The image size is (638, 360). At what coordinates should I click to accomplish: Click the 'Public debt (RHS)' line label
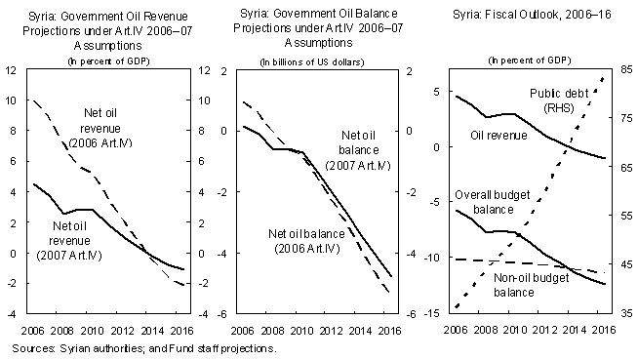tap(559, 100)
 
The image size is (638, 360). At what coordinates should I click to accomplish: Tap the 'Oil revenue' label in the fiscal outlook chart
tap(498, 135)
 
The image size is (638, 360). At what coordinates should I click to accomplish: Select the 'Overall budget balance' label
tap(493, 202)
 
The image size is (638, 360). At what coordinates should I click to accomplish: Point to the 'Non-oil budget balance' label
tap(531, 285)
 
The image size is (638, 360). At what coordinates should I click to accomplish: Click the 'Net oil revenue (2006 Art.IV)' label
tap(100, 128)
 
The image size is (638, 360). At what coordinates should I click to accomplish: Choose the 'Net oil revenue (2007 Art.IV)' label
tap(69, 240)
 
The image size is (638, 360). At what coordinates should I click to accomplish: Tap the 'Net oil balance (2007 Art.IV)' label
tap(358, 150)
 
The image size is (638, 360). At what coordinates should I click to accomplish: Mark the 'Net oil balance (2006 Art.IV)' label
tap(306, 241)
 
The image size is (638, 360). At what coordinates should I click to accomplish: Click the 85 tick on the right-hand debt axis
tap(626, 69)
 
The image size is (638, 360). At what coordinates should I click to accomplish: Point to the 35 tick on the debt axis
tap(626, 313)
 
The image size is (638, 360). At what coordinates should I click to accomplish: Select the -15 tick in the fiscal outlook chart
tap(432, 313)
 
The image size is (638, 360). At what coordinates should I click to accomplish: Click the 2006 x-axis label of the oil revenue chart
tap(32, 331)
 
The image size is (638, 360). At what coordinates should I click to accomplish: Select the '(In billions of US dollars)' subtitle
tap(312, 62)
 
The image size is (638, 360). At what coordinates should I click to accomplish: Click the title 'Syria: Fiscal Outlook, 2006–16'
tap(532, 15)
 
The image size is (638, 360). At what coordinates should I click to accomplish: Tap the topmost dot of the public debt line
tap(603, 79)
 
